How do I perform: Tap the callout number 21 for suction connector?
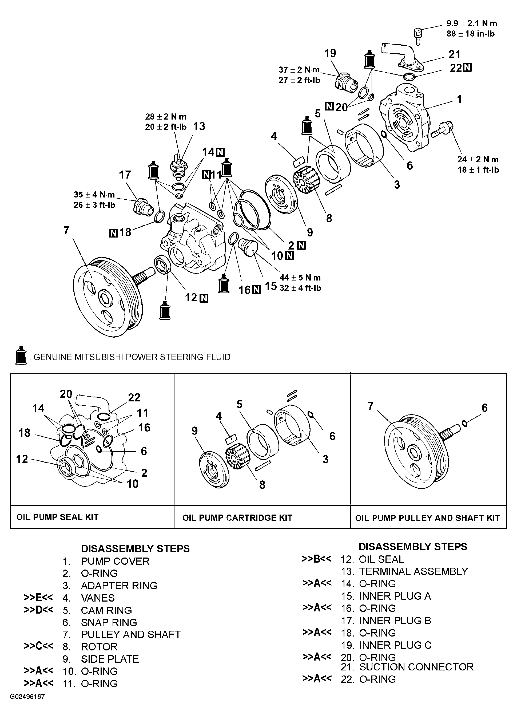(454, 54)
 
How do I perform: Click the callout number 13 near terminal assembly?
(199, 127)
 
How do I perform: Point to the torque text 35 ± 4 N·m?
(94, 195)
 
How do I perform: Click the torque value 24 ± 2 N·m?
(478, 159)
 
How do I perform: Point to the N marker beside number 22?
(467, 68)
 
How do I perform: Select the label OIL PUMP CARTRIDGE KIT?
(237, 518)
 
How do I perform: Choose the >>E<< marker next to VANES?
(38, 598)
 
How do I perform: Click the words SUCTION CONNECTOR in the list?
(416, 667)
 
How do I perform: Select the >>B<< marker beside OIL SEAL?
(316, 559)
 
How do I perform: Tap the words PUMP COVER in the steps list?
(115, 561)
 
